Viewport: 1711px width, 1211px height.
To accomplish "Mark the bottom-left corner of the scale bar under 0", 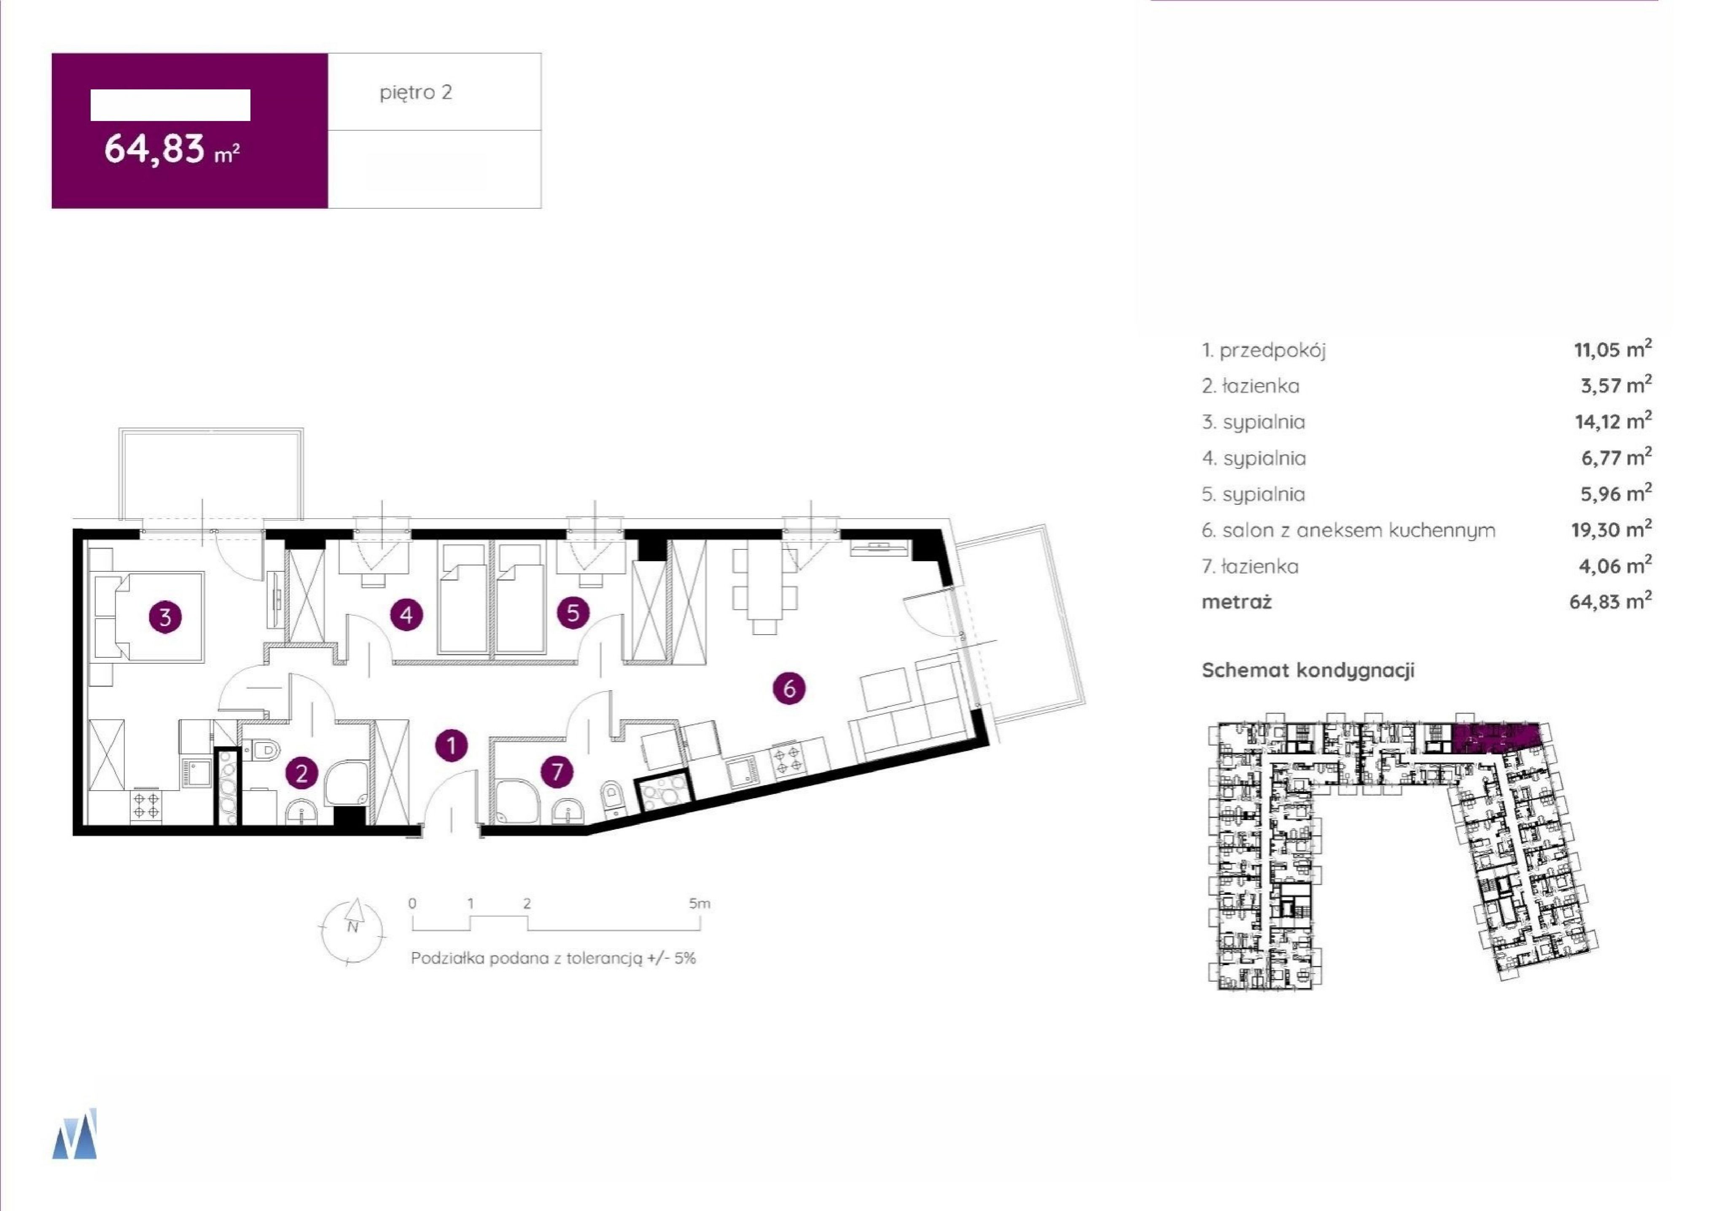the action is point(413,931).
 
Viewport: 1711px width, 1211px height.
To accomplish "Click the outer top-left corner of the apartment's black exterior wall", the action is point(73,529).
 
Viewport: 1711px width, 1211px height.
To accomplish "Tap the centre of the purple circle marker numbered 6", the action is point(790,688).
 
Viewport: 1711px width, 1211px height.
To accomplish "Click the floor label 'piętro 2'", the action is point(416,92).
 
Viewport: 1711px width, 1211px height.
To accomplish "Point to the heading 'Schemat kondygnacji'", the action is point(1307,670).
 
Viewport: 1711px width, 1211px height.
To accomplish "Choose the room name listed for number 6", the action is point(1359,530).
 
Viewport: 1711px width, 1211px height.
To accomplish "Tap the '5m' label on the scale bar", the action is point(699,904).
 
